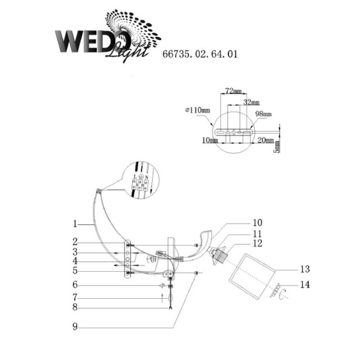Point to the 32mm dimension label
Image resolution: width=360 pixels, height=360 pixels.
point(251,103)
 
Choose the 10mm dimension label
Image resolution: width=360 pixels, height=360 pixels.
point(211,140)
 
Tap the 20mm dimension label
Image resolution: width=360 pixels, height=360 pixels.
point(267,140)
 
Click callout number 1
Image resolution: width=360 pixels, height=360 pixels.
point(76,223)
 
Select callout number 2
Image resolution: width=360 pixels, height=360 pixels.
point(76,242)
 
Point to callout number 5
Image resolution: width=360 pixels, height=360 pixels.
point(76,270)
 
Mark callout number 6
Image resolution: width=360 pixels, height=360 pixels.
point(76,285)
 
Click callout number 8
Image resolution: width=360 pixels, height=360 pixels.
point(76,306)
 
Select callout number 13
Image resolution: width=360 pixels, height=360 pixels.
point(303,269)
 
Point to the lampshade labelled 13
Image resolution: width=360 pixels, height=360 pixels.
point(253,270)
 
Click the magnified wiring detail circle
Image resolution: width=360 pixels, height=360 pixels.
point(141,178)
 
